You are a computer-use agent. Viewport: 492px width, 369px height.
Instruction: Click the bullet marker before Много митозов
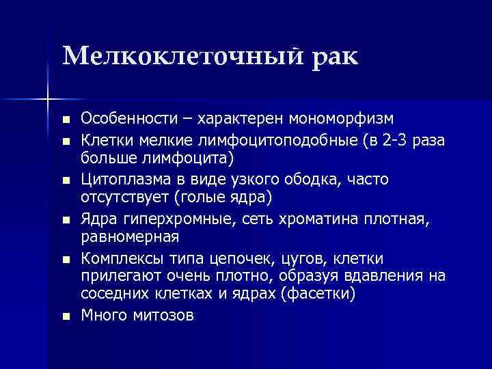66,316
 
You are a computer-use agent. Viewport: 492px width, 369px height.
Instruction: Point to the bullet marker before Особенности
66,120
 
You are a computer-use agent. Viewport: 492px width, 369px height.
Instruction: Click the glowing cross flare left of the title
48,100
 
